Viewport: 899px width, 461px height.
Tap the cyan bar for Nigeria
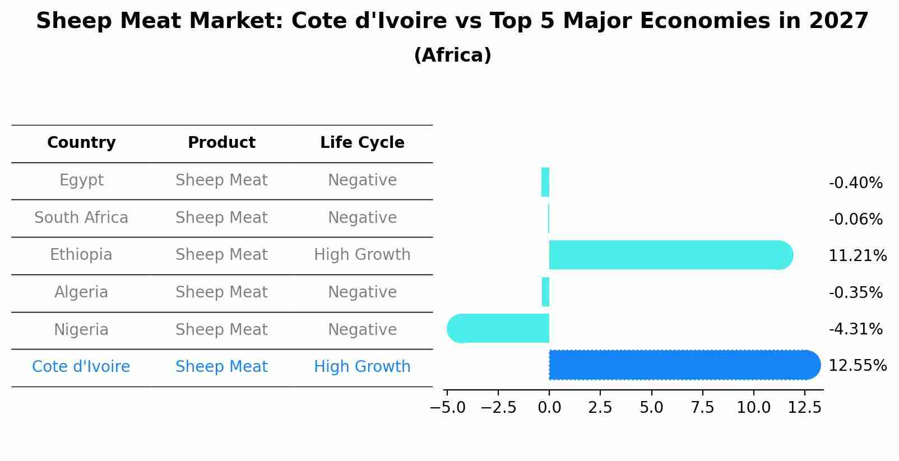pos(498,328)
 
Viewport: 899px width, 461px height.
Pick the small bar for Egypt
pos(545,182)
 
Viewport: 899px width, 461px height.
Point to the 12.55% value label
pos(857,366)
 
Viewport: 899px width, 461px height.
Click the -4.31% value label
pos(855,329)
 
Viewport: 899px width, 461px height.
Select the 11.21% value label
pos(857,256)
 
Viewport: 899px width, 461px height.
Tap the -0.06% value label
pos(855,220)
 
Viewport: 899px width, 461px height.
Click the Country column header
pos(81,143)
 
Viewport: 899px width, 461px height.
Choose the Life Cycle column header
pos(362,143)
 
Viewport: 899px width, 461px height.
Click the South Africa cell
pos(81,218)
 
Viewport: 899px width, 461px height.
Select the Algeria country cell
pos(81,292)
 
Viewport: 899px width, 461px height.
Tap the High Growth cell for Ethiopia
pos(362,255)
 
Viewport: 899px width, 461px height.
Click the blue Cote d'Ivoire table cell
pos(81,367)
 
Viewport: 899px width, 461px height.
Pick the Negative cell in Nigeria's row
pos(362,330)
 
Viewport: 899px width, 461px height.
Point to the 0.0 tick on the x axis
pos(549,408)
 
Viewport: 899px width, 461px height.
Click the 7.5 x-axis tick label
pos(702,408)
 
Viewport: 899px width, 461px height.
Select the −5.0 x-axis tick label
pos(447,408)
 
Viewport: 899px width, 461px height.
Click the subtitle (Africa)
pos(452,55)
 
